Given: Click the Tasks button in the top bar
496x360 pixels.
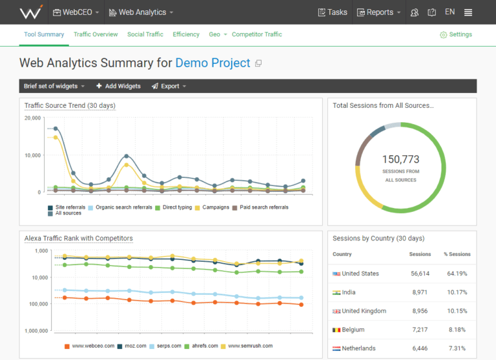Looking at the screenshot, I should click(333, 12).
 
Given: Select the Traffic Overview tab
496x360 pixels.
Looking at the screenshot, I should click(96, 34).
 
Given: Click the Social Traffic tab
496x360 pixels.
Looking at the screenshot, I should click(145, 34).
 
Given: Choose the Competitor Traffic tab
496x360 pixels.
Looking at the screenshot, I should click(256, 34).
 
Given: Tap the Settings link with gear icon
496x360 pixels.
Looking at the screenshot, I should click(456, 34).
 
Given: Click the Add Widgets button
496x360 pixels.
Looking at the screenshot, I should click(118, 86).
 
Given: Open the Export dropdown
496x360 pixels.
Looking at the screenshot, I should click(169, 86).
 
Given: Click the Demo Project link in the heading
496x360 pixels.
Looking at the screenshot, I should click(212, 63).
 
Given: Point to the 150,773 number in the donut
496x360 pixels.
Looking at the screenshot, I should click(400, 159).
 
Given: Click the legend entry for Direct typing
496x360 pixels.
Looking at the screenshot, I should click(177, 207).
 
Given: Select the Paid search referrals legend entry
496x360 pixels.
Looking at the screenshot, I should click(263, 207).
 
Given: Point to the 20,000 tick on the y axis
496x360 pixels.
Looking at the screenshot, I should click(32, 118).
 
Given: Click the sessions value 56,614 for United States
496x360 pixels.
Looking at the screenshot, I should click(420, 273).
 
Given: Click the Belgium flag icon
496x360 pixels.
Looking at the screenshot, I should click(336, 330).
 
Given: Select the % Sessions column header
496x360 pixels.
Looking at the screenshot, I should click(457, 254).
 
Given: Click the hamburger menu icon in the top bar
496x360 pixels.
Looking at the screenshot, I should click(468, 12).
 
